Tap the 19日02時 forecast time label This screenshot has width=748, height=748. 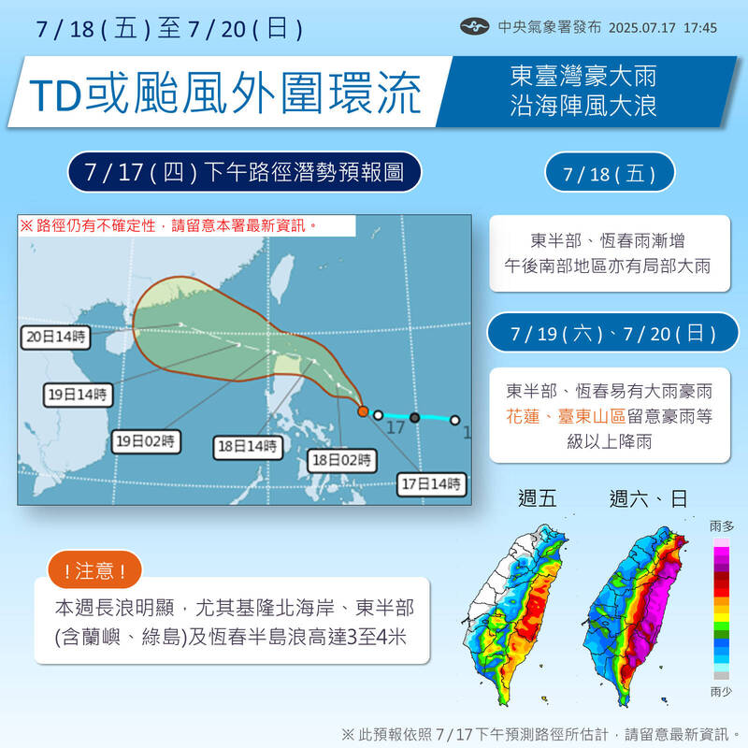point(147,442)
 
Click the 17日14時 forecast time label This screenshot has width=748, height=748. point(429,483)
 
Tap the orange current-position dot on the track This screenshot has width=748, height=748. point(363,410)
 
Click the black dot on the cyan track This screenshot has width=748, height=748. point(414,417)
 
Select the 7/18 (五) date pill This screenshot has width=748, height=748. point(610,175)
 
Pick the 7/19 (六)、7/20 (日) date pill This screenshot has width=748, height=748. point(613,333)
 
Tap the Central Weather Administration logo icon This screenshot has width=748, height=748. point(475,27)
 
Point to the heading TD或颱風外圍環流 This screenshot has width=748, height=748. point(225,94)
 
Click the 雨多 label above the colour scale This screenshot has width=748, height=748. point(722,527)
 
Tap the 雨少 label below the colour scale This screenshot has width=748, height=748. point(722,692)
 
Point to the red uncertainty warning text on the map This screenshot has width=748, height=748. point(168,225)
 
